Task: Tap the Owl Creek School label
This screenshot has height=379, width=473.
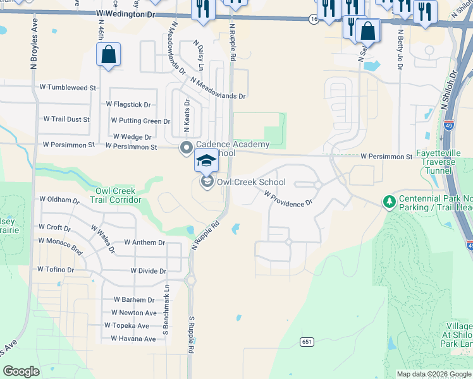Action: pyautogui.click(x=251, y=182)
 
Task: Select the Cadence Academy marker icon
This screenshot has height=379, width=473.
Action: pyautogui.click(x=187, y=148)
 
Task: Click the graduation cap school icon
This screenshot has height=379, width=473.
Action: pyautogui.click(x=206, y=162)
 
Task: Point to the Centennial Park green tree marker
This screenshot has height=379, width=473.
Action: pyautogui.click(x=389, y=202)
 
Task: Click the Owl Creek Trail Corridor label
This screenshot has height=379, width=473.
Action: pyautogui.click(x=118, y=195)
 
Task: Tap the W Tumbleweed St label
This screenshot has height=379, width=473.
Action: pyautogui.click(x=68, y=87)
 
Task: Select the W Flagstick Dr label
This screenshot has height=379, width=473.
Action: pyautogui.click(x=128, y=104)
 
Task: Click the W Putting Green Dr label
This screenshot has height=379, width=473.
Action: pyautogui.click(x=140, y=121)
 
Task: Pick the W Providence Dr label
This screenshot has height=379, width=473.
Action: pyautogui.click(x=288, y=199)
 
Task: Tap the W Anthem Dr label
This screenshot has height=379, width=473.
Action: pyautogui.click(x=144, y=242)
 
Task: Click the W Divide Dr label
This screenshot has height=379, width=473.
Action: pyautogui.click(x=148, y=271)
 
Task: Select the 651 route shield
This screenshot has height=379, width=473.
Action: pyautogui.click(x=307, y=342)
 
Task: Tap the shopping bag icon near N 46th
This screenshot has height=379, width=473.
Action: pyautogui.click(x=109, y=55)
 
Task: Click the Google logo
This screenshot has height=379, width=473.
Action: pyautogui.click(x=21, y=371)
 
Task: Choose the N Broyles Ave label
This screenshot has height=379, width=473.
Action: pyautogui.click(x=34, y=47)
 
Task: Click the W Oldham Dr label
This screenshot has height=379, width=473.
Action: pyautogui.click(x=59, y=199)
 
